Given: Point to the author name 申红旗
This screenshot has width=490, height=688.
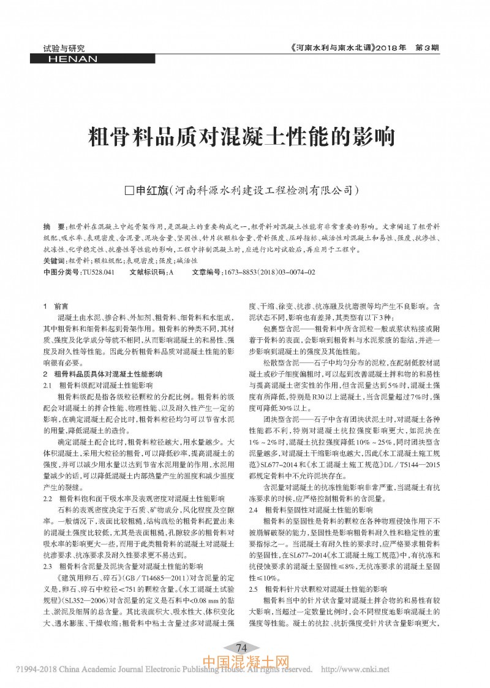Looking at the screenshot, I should (150, 191).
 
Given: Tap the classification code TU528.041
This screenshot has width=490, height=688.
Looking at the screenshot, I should (98, 271).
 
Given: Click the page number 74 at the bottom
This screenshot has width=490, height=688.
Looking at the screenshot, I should (241, 648).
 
